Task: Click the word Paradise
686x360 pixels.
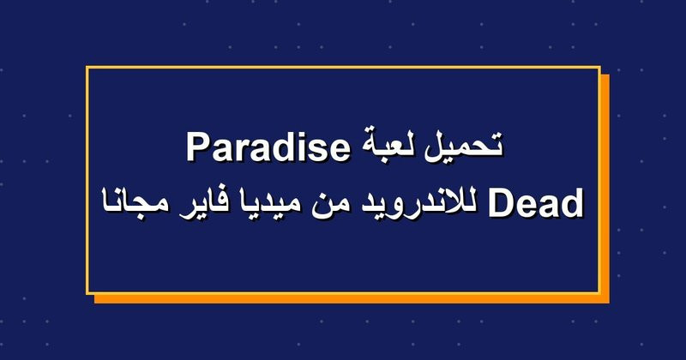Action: coord(268,147)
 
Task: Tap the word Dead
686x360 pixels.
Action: coord(535,201)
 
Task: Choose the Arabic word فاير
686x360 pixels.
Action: coord(200,203)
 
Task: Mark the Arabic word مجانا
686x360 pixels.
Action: coord(134,203)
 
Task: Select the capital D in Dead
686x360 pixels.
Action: coord(501,201)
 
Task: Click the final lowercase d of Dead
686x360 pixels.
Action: coord(573,201)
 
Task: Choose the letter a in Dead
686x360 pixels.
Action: coord(549,206)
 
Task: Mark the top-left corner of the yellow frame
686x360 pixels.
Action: coord(87,67)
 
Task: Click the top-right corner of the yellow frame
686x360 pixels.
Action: coord(599,67)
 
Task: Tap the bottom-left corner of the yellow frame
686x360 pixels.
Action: coord(87,293)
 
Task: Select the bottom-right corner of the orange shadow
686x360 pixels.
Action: coord(610,303)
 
